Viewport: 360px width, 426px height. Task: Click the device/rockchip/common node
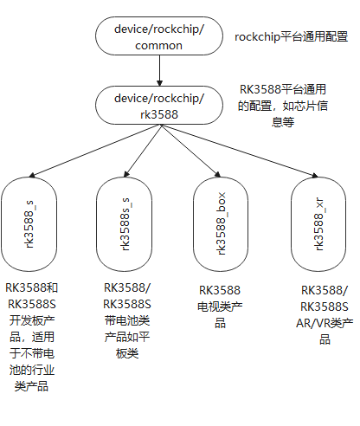(159, 37)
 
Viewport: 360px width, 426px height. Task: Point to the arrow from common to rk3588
(159, 72)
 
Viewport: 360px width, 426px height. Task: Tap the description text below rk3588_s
(33, 337)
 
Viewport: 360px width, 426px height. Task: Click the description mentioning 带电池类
(127, 320)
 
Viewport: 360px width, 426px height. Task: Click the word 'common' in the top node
(159, 45)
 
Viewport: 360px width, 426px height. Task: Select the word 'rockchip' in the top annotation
(256, 37)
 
